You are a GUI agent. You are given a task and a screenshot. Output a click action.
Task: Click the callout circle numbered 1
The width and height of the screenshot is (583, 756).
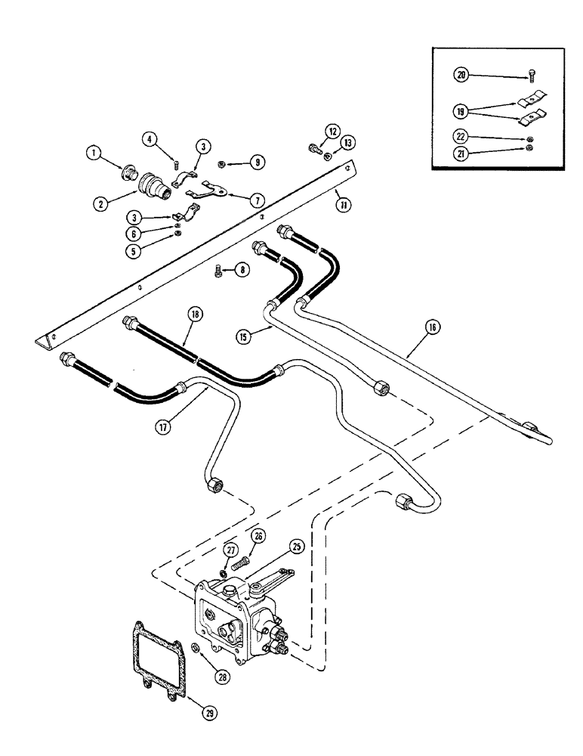(x=94, y=153)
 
